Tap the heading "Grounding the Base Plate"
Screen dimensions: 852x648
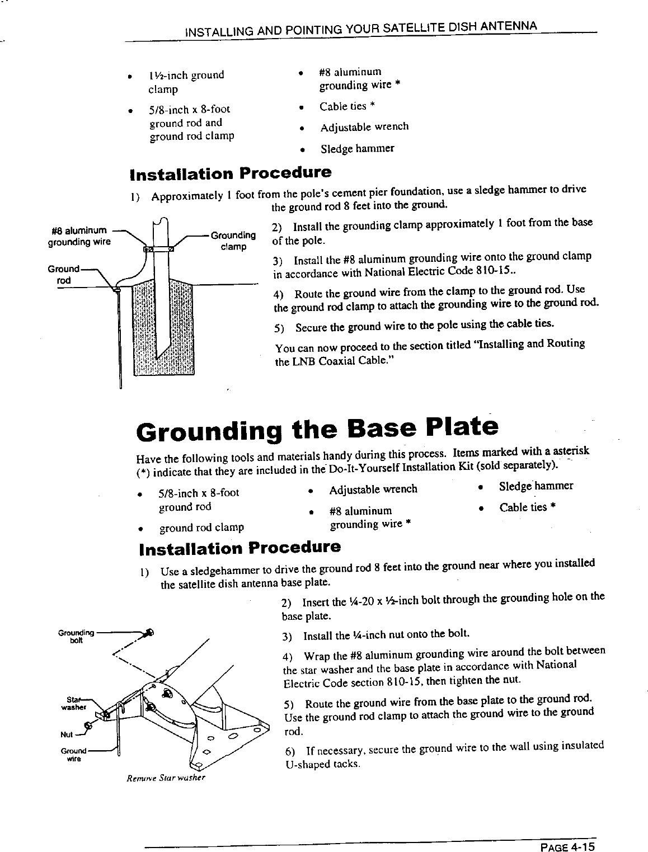point(317,431)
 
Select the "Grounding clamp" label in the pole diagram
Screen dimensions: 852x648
point(233,241)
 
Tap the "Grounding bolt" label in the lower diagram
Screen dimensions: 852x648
point(76,637)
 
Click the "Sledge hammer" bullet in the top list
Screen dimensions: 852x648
point(357,149)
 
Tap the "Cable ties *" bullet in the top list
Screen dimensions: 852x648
point(347,106)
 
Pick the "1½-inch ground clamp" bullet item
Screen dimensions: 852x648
point(186,82)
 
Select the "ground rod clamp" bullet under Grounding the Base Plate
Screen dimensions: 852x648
point(201,528)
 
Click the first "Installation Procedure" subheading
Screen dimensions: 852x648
point(231,172)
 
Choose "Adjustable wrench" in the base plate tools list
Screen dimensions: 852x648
point(373,489)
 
